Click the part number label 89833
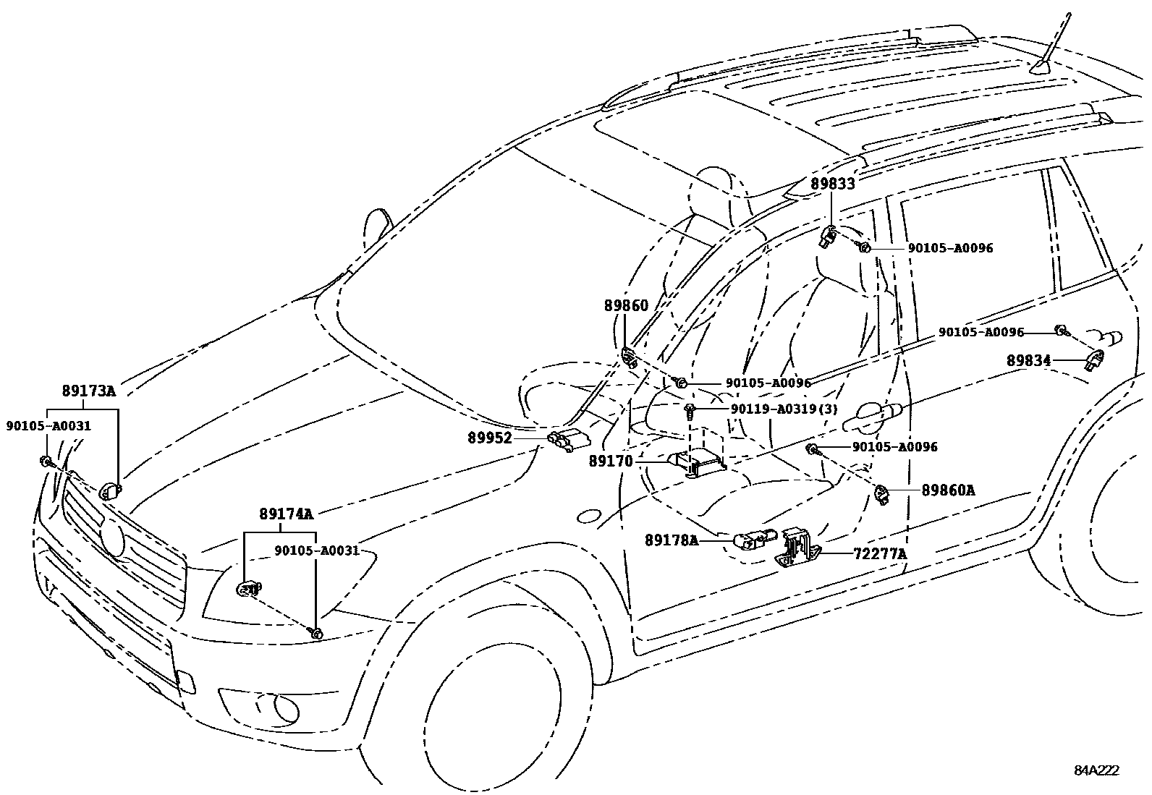pyautogui.click(x=832, y=184)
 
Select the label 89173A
pyautogui.click(x=88, y=391)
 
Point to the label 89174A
pyautogui.click(x=286, y=514)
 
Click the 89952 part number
pyautogui.click(x=489, y=438)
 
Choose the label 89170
pyautogui.click(x=611, y=461)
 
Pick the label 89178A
pyautogui.click(x=672, y=539)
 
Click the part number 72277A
pyautogui.click(x=880, y=554)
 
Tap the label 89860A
pyautogui.click(x=948, y=490)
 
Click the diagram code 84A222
pyautogui.click(x=1096, y=770)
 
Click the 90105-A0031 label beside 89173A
pyautogui.click(x=48, y=425)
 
